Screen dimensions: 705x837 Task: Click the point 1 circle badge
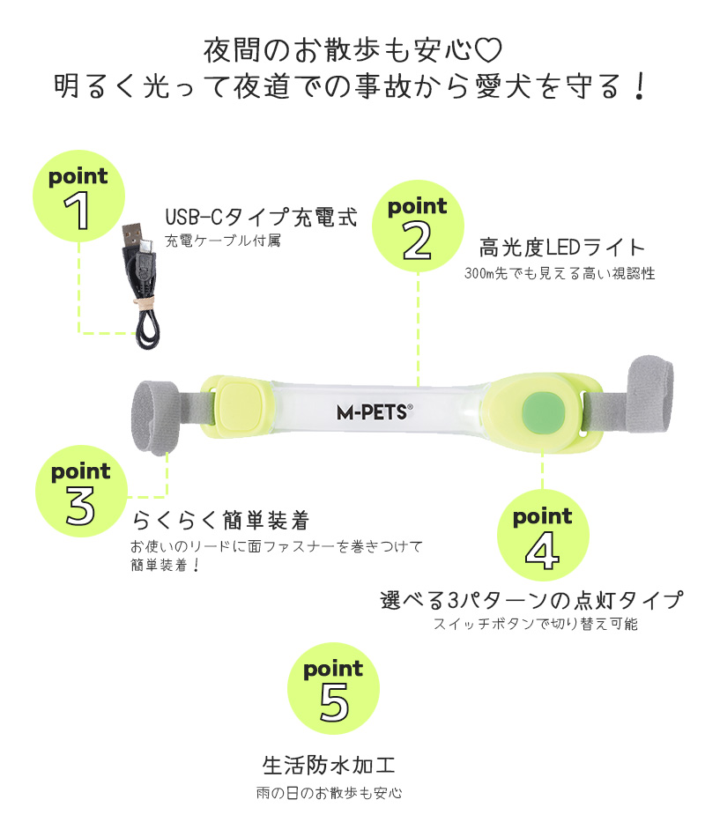tap(78, 196)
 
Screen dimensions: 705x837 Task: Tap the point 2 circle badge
tap(418, 226)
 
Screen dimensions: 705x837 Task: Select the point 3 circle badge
tap(81, 491)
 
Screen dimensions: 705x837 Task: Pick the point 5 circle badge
tap(333, 689)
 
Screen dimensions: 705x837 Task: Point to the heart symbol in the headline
tap(488, 49)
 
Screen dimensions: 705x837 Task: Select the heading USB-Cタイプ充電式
tap(261, 218)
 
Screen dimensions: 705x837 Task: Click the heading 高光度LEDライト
tap(562, 248)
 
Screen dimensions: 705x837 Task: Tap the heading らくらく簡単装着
tap(221, 520)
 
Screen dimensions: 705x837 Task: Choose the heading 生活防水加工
tap(329, 765)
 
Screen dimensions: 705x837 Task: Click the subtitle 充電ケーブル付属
tap(223, 241)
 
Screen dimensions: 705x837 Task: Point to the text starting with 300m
tap(560, 273)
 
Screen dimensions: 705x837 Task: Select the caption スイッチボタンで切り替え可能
tap(536, 624)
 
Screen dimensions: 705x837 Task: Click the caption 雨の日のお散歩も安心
tap(329, 793)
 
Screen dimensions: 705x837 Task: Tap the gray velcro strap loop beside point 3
tap(155, 418)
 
